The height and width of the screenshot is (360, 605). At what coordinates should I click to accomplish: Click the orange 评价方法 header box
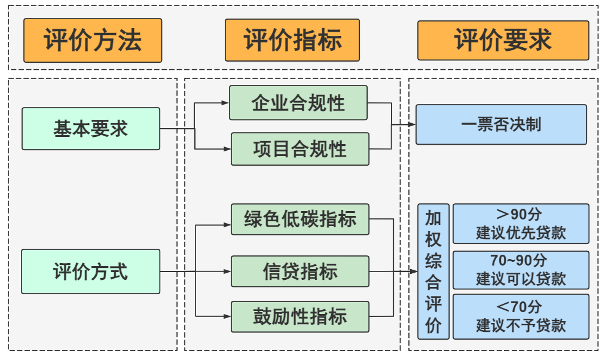pyautogui.click(x=93, y=41)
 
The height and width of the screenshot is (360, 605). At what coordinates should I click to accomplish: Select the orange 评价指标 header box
pyautogui.click(x=292, y=41)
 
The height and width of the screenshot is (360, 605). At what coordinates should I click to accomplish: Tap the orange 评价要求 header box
pyautogui.click(x=503, y=41)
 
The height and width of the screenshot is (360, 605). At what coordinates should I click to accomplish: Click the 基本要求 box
pyautogui.click(x=91, y=129)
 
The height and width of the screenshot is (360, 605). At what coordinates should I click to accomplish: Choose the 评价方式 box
pyautogui.click(x=91, y=271)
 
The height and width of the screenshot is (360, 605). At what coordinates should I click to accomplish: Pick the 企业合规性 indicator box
pyautogui.click(x=299, y=103)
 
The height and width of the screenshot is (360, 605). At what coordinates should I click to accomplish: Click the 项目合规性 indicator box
pyautogui.click(x=300, y=149)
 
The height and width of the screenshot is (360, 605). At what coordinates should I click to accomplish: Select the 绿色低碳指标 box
pyautogui.click(x=300, y=219)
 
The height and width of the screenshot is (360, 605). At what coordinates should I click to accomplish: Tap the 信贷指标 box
pyautogui.click(x=300, y=271)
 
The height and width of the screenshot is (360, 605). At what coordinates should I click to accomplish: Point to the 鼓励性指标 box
pyautogui.click(x=300, y=316)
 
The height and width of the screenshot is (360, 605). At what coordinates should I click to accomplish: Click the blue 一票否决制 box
pyautogui.click(x=501, y=124)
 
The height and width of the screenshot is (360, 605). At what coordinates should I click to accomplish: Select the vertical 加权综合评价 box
pyautogui.click(x=433, y=271)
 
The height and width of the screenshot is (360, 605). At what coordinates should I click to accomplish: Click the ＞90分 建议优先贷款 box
pyautogui.click(x=521, y=224)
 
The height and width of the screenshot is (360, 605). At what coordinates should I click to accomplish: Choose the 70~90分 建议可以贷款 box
pyautogui.click(x=521, y=270)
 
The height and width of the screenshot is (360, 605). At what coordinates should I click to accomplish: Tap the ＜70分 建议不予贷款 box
pyautogui.click(x=521, y=316)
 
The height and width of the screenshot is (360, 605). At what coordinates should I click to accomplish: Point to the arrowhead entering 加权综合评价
pyautogui.click(x=414, y=271)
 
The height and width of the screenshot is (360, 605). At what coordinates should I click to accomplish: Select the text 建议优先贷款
pyautogui.click(x=521, y=233)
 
